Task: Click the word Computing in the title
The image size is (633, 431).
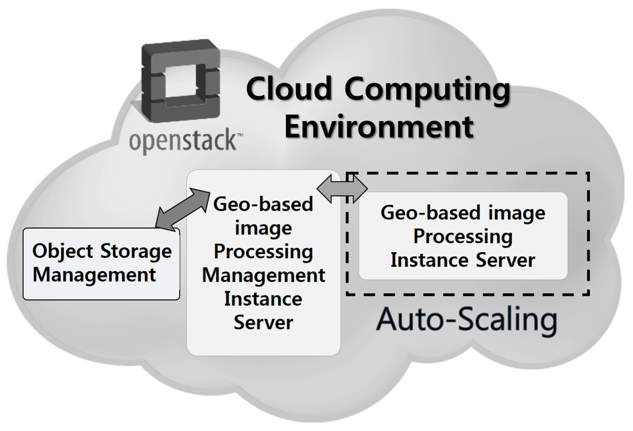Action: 427,90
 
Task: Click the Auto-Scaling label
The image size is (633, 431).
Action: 467,320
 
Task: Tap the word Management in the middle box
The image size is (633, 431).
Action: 263,276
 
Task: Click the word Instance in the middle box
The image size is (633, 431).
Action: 263,299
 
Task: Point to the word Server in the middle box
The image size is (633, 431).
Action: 263,322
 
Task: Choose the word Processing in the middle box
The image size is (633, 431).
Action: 263,252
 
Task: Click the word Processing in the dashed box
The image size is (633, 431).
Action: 463,236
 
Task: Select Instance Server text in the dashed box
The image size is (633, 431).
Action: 463,260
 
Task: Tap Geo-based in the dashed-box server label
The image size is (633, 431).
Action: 422,213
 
